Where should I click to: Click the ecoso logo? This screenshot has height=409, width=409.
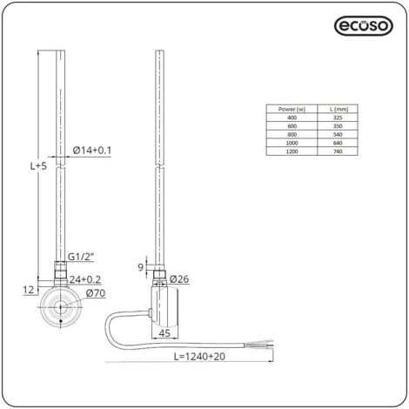(x=364, y=26)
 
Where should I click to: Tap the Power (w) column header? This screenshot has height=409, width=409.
(x=292, y=109)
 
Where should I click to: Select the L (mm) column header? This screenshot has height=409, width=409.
(x=339, y=109)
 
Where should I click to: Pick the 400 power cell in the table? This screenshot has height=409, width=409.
(x=292, y=117)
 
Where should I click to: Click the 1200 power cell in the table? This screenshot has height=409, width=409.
(x=292, y=151)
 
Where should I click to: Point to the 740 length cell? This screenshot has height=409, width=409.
(x=338, y=151)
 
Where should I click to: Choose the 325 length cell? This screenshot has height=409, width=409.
(x=338, y=117)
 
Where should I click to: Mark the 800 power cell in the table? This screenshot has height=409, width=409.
(x=292, y=134)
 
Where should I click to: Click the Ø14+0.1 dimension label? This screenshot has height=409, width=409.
(x=92, y=151)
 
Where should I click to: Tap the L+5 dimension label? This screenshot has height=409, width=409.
(x=38, y=166)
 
